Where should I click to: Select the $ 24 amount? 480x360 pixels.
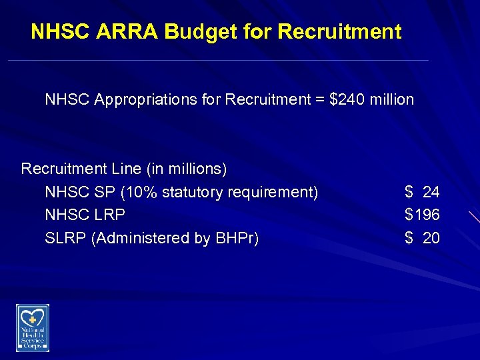click(422, 193)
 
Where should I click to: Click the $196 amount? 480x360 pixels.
click(422, 215)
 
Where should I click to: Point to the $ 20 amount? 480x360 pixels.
click(422, 238)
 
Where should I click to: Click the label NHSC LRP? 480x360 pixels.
click(85, 215)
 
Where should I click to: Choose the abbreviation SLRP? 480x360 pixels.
click(65, 238)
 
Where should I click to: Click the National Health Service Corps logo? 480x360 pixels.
click(33, 327)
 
